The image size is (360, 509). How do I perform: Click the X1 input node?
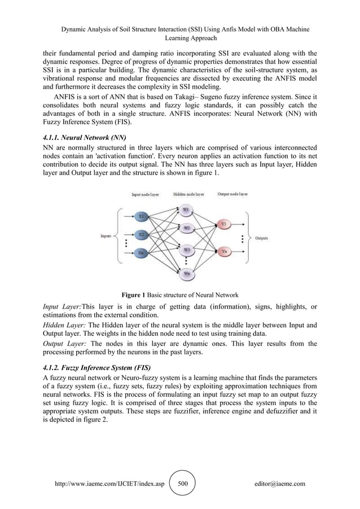tap(142, 216)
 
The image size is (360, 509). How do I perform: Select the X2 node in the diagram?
tap(142, 234)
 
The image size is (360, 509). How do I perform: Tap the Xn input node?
tap(142, 253)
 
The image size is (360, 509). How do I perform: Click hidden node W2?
tap(187, 228)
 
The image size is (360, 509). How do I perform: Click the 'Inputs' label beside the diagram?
tap(106, 236)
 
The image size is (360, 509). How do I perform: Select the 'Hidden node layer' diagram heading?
tap(188, 194)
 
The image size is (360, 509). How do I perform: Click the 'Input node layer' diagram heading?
tap(145, 194)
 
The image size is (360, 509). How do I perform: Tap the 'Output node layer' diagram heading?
tap(232, 194)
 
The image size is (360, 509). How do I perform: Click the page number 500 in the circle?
tap(182, 484)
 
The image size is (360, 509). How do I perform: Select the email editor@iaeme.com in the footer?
tap(280, 484)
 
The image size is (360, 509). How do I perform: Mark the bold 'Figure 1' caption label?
tap(134, 295)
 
